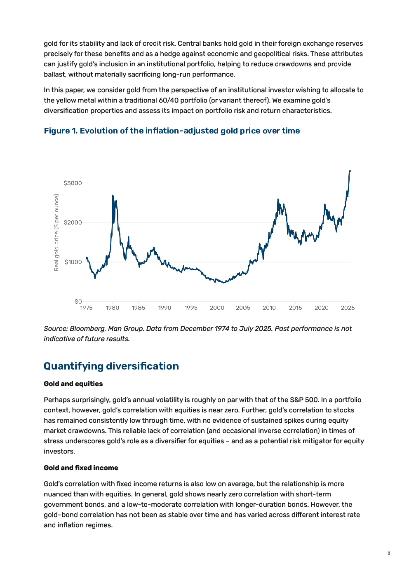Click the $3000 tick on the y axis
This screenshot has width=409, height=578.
(x=73, y=183)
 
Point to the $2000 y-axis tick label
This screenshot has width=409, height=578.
(x=73, y=222)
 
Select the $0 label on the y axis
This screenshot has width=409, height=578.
(x=78, y=302)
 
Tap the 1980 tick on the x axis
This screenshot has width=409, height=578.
(x=112, y=308)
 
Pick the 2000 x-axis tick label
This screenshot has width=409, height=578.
(x=217, y=308)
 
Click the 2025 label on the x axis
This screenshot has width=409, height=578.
(x=348, y=308)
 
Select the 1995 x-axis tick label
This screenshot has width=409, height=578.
(x=191, y=308)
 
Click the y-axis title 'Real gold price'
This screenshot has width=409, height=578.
(x=56, y=232)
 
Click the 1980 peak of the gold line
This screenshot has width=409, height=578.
(x=113, y=195)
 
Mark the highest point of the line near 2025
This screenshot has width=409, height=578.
(x=350, y=171)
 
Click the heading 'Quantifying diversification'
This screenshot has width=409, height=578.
(x=111, y=366)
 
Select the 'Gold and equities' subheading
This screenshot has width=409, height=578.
(x=73, y=384)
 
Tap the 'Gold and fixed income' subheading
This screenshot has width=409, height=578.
(x=81, y=468)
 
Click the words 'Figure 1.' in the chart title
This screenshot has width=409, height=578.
(x=61, y=131)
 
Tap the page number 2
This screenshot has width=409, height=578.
(x=389, y=553)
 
